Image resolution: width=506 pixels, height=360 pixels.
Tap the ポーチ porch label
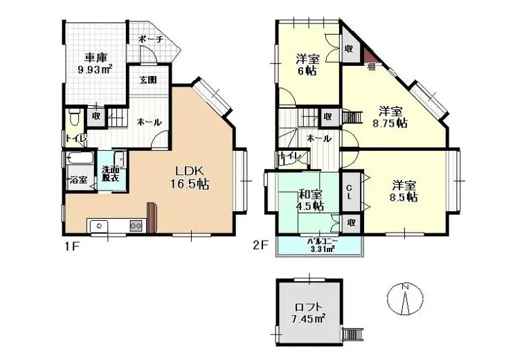click(150, 39)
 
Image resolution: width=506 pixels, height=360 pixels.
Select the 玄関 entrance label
click(147, 79)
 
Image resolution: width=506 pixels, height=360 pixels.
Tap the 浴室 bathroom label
click(78, 180)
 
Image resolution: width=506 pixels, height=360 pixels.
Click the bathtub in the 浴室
click(78, 159)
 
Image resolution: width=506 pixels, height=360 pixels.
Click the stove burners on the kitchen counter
click(136, 226)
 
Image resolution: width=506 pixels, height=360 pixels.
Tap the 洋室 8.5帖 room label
click(404, 190)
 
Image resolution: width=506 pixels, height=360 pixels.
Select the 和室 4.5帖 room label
click(309, 199)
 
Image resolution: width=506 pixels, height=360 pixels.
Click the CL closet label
click(350, 190)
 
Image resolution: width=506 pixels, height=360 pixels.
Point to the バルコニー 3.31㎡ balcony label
click(319, 245)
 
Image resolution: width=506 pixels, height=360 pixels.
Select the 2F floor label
click(260, 246)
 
